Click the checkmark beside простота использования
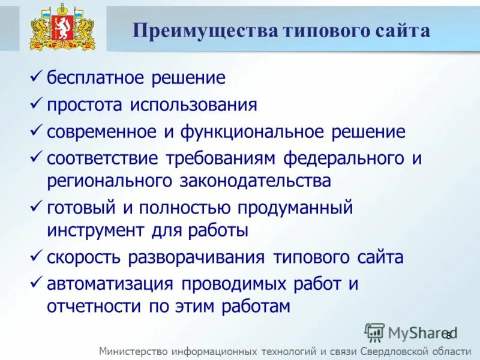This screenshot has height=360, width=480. [x=36, y=104]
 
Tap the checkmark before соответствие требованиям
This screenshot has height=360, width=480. [x=36, y=158]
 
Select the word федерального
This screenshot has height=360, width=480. [x=342, y=159]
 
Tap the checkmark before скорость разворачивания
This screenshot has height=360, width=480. [x=36, y=257]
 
